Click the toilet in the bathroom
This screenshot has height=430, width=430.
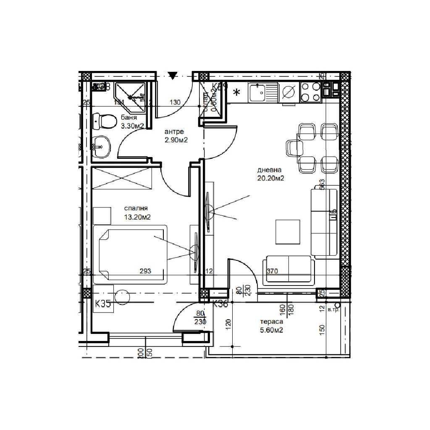[x=105, y=122]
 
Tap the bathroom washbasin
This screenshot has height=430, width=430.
[x=101, y=147]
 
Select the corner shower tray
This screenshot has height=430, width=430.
[x=131, y=97]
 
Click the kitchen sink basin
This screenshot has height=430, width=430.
[x=257, y=92]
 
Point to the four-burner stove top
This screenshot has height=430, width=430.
[x=311, y=92]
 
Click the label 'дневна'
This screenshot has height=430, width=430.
[x=270, y=170]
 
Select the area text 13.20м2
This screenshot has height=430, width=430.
[x=137, y=217]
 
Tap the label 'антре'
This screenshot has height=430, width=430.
[x=174, y=132]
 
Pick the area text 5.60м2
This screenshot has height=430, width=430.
[x=271, y=330]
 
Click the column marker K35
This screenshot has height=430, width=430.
[x=103, y=304]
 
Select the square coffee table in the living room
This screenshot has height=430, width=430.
[x=288, y=231]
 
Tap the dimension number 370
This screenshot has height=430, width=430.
[x=272, y=271]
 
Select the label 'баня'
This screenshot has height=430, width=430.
[x=129, y=118]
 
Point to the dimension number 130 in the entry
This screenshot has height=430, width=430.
[x=175, y=102]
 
